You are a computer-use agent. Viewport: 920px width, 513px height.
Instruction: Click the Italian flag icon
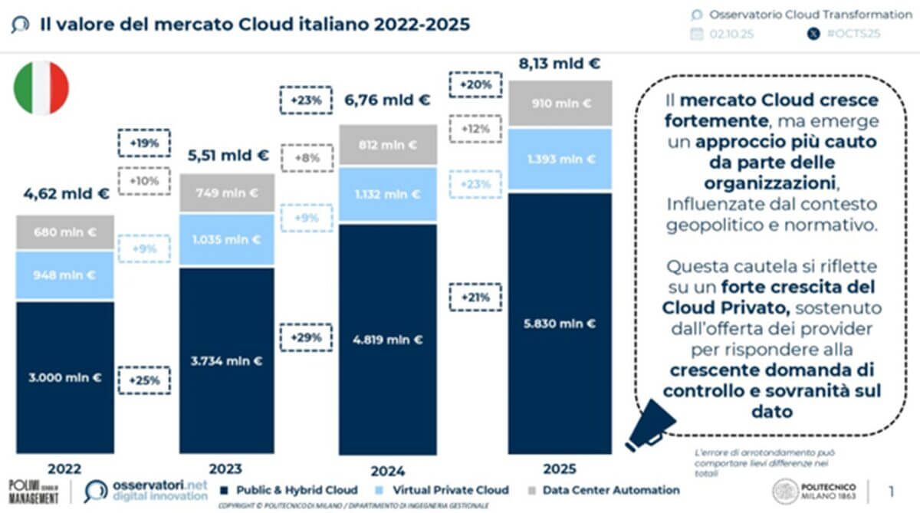41,88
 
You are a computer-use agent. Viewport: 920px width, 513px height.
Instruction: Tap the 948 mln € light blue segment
65,275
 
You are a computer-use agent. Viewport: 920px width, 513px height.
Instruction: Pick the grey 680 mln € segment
65,232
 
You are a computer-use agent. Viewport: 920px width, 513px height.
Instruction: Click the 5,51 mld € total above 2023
228,156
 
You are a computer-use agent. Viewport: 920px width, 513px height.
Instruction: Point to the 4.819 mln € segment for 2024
387,339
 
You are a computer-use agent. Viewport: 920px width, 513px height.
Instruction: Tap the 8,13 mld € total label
559,64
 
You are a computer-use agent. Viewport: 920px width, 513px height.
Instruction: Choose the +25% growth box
144,379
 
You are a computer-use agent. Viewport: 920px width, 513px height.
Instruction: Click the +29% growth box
305,337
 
